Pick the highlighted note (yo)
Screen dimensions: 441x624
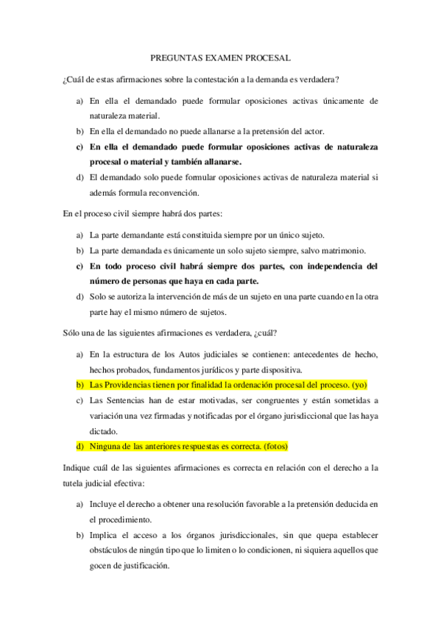[359, 385]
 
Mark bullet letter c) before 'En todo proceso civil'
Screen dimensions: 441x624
[80, 266]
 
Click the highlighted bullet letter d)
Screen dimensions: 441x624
[80, 447]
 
